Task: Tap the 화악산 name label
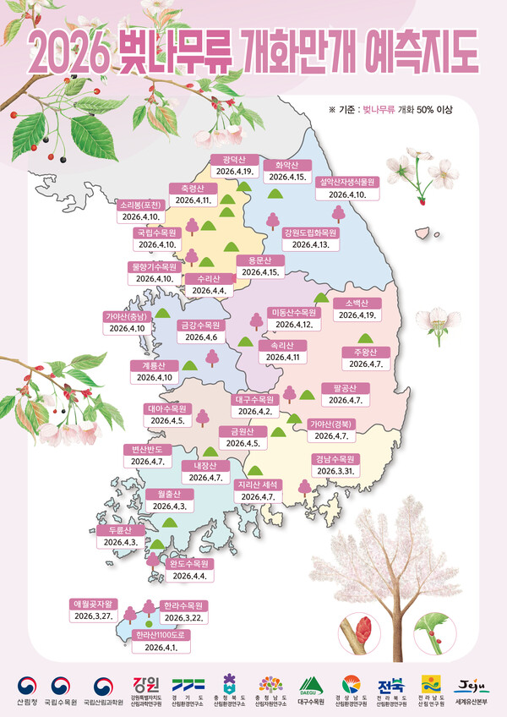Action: (x=282, y=165)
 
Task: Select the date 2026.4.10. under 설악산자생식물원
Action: (x=347, y=194)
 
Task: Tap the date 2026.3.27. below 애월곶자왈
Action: (x=95, y=617)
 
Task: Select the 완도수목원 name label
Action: (x=189, y=563)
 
